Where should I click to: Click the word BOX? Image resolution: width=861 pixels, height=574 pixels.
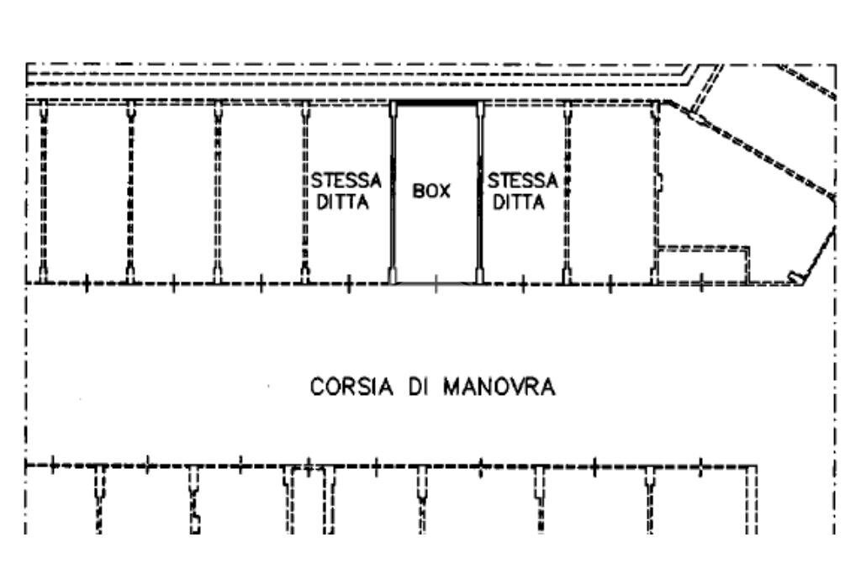(x=431, y=192)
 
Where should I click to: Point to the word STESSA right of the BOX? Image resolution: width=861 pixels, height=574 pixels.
(x=523, y=182)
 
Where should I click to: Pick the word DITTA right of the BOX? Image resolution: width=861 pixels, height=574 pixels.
(x=519, y=203)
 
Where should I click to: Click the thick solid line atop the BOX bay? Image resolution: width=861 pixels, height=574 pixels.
(x=436, y=103)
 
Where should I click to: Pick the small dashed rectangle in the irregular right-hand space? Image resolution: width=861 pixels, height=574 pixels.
(x=703, y=264)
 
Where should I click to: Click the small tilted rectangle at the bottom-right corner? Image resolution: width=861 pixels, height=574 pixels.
(x=794, y=277)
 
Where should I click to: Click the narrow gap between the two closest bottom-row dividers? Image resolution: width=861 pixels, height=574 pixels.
(x=307, y=496)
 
